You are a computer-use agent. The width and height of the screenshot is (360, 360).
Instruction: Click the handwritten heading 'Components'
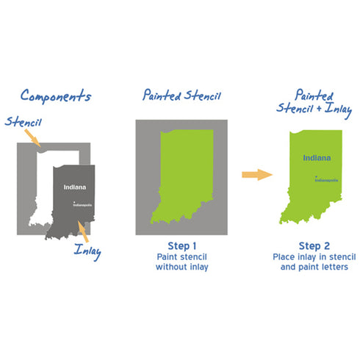(56, 96)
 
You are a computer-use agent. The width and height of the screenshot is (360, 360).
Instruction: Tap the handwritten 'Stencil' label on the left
(24, 122)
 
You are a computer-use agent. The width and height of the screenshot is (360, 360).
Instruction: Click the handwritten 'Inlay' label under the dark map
(87, 251)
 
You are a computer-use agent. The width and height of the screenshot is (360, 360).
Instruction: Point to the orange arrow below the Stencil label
(32, 138)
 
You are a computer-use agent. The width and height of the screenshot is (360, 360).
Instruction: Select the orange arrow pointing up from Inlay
(83, 231)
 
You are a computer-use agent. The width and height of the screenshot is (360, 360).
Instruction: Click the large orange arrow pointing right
(257, 175)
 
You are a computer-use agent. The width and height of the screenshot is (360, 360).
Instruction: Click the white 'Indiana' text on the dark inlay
(75, 187)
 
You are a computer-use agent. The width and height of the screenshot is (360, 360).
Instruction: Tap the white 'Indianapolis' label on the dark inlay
(82, 205)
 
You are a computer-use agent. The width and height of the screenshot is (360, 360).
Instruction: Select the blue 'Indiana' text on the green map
(317, 158)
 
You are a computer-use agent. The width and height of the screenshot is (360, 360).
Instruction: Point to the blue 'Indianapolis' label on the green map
(327, 180)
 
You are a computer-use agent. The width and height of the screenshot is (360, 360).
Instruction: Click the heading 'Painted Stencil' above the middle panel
(181, 95)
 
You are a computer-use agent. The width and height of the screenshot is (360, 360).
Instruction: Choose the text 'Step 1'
(182, 246)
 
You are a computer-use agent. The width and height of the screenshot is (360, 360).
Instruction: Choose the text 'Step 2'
(314, 246)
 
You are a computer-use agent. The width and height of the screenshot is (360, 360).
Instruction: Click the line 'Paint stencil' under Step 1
(182, 257)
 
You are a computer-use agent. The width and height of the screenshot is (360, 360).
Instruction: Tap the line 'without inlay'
(182, 267)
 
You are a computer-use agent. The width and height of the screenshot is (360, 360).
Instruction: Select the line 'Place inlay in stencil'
(314, 257)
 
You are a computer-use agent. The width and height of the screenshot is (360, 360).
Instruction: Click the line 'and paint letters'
(314, 267)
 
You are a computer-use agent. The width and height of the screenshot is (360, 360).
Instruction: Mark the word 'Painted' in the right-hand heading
(314, 95)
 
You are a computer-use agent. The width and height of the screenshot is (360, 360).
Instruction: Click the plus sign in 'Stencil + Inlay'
(319, 108)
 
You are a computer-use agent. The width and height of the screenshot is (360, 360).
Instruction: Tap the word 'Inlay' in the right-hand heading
(338, 109)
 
